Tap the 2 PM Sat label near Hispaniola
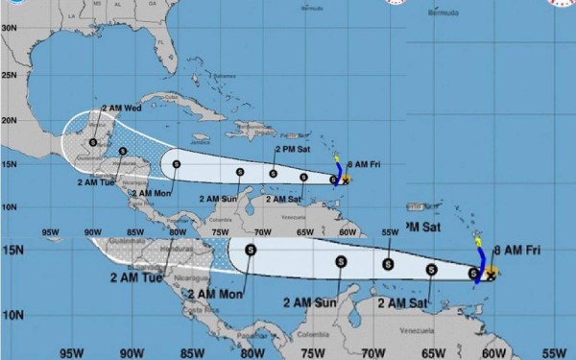click(293, 150)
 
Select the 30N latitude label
click(8, 28)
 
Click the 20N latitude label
click(8, 121)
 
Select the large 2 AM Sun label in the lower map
click(310, 301)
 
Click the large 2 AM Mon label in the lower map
click(216, 294)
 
